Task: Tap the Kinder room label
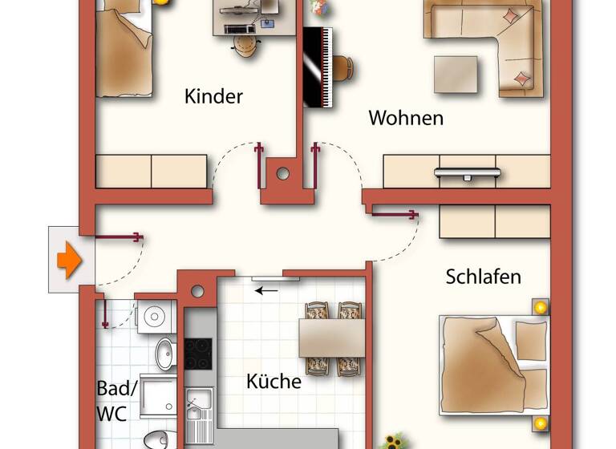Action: point(213,97)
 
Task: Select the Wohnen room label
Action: point(405,119)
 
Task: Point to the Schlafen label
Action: point(483,277)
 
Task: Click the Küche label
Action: point(274,381)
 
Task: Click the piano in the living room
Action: point(317,69)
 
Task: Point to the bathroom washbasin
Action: point(164,353)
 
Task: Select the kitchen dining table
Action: point(333,338)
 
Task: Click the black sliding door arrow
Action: point(268,289)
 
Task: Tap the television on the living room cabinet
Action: point(468,172)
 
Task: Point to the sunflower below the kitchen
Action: point(393,440)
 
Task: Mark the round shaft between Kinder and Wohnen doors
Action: point(283,172)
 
